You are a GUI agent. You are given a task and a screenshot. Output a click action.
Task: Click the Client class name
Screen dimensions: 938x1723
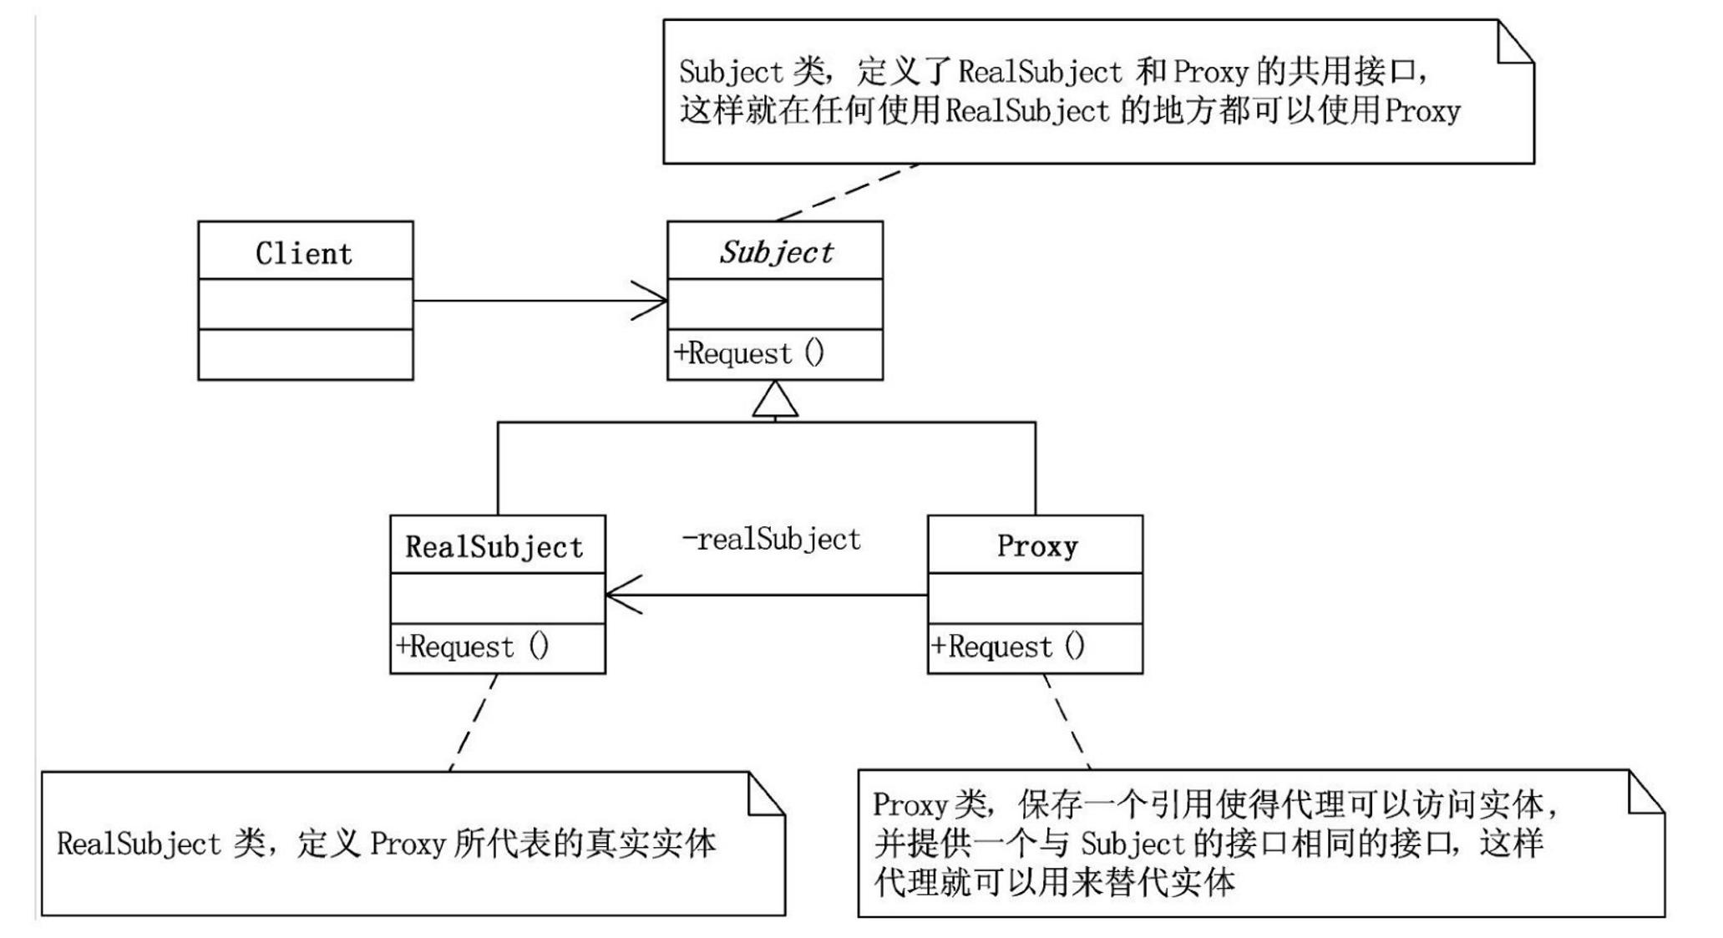coord(305,253)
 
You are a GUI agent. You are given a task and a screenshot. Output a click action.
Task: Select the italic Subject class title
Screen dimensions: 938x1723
coord(776,252)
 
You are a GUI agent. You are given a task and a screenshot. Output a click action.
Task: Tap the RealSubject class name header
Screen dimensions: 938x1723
coord(494,547)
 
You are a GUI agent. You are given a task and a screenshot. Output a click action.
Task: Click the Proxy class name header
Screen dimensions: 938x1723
coord(1036,546)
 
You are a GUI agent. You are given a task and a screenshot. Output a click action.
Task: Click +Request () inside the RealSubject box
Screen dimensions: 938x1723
coord(472,647)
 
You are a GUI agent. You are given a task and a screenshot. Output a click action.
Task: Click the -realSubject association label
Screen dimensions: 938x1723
coord(772,540)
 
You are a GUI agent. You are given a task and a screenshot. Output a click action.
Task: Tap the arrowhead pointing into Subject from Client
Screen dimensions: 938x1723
coord(651,301)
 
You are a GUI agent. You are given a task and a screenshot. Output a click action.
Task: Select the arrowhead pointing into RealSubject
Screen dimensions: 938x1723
coord(622,595)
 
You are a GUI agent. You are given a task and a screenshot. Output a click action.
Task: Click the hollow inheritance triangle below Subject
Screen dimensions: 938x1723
coord(775,401)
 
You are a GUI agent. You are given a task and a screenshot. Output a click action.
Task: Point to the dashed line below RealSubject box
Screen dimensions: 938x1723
coord(474,722)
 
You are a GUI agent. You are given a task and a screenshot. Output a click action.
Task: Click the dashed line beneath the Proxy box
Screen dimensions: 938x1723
coord(1067,722)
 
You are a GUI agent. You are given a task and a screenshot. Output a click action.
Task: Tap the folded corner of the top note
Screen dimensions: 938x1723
coord(1513,42)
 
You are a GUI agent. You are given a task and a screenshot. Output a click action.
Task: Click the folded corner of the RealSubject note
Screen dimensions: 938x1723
coord(764,793)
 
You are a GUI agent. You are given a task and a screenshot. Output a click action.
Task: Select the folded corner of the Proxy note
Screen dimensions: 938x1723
coord(1644,792)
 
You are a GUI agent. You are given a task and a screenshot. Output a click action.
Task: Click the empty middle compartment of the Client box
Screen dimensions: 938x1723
coord(305,304)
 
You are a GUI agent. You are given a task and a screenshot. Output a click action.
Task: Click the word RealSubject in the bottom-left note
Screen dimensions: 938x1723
coord(139,844)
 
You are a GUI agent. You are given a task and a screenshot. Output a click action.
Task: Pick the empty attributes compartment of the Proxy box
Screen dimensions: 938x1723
coord(1035,598)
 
